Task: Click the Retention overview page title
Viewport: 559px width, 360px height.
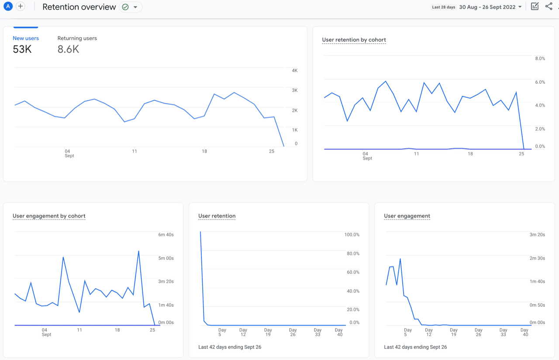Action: point(79,7)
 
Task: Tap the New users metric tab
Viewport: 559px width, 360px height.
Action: point(26,38)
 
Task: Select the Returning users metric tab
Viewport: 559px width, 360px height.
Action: point(77,38)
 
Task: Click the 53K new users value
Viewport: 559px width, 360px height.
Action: point(22,49)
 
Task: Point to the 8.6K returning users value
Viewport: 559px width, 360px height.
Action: point(68,49)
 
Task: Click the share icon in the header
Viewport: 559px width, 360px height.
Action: point(549,7)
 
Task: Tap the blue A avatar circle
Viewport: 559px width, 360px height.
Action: point(8,6)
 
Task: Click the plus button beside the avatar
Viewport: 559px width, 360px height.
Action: point(21,6)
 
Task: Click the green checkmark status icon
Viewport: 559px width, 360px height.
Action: point(125,7)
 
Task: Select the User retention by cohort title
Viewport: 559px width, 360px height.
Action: point(354,40)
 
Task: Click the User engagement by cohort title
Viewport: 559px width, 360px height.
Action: point(49,216)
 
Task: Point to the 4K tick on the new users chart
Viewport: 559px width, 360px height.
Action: point(295,71)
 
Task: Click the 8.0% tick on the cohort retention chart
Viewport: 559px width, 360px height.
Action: point(540,58)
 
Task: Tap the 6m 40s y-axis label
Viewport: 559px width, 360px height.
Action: point(166,235)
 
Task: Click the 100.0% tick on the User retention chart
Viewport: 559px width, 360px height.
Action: point(352,235)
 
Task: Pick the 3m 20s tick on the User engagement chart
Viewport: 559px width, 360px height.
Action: point(537,235)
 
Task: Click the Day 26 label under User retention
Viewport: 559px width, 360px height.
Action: point(293,332)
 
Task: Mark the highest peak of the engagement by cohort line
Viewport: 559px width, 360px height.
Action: point(138,251)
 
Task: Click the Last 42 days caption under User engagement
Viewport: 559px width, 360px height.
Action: point(415,347)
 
